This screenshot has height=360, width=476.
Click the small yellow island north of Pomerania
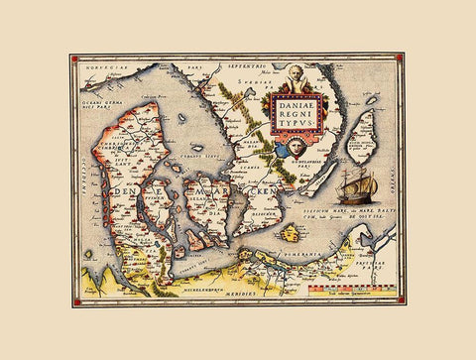(291, 235)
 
